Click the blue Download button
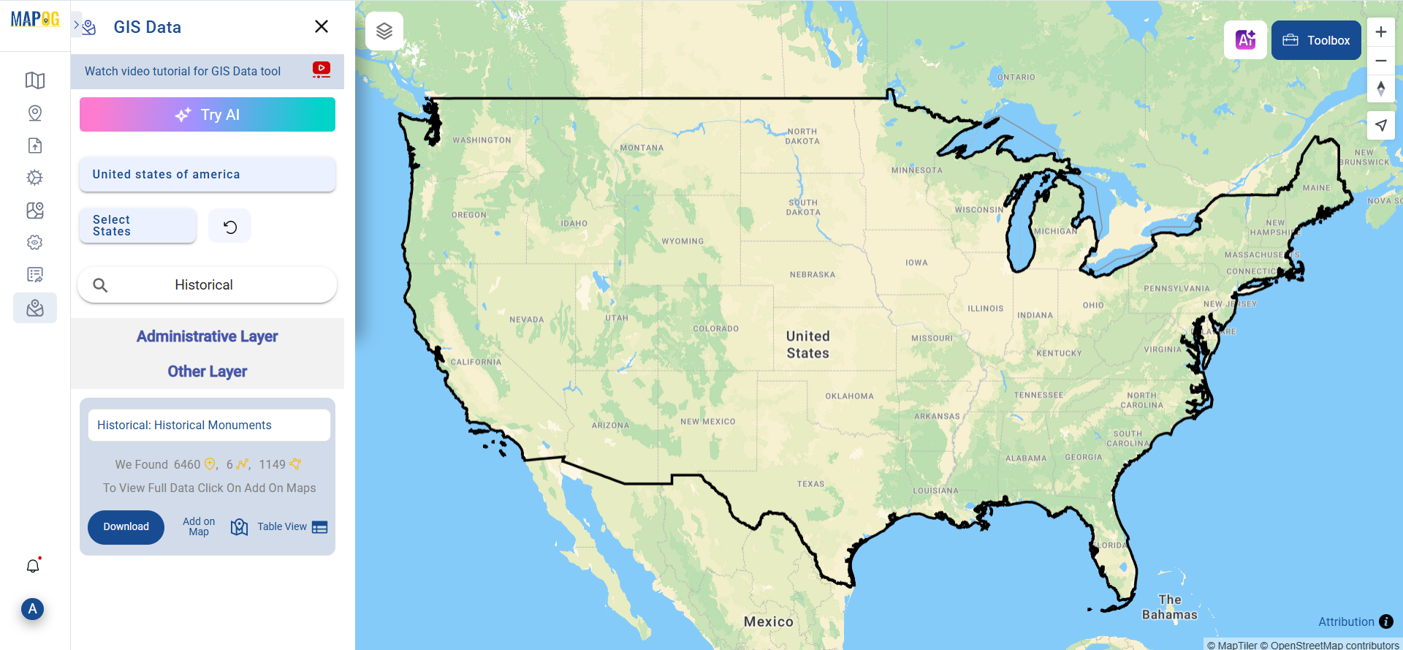click(x=126, y=527)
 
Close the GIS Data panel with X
click(x=321, y=26)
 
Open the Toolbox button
click(x=1316, y=40)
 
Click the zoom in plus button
click(x=1380, y=32)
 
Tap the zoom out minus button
click(x=1380, y=61)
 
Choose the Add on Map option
click(x=199, y=526)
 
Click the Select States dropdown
click(x=137, y=226)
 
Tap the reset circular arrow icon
click(x=229, y=227)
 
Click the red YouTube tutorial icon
click(x=321, y=69)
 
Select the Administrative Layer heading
click(x=207, y=336)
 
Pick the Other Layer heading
click(x=207, y=371)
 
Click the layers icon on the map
click(x=384, y=31)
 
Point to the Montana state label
click(x=642, y=148)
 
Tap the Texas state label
click(x=810, y=484)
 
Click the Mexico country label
click(x=768, y=621)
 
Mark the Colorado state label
click(x=715, y=329)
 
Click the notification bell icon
click(x=33, y=566)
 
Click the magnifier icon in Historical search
click(x=101, y=285)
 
